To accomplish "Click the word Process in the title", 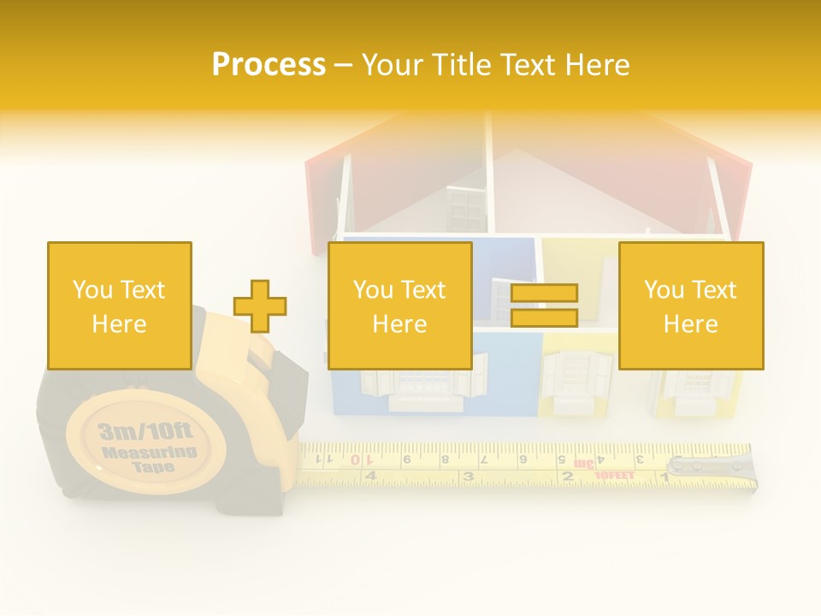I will (x=269, y=65).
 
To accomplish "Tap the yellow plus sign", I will (x=260, y=306).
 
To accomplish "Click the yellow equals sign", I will (x=544, y=306).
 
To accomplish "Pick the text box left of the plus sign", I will (x=119, y=305).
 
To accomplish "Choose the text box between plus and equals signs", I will (x=399, y=305).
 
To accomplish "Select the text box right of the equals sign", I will (x=690, y=305).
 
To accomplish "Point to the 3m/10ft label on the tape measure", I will (x=146, y=429).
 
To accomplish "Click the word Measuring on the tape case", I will (x=149, y=451).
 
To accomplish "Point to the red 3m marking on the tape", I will (x=584, y=463).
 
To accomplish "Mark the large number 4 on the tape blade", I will (x=370, y=476).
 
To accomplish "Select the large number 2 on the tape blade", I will (x=566, y=476).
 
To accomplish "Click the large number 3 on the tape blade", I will (x=468, y=476).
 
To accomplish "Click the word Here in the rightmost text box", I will (x=690, y=324).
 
